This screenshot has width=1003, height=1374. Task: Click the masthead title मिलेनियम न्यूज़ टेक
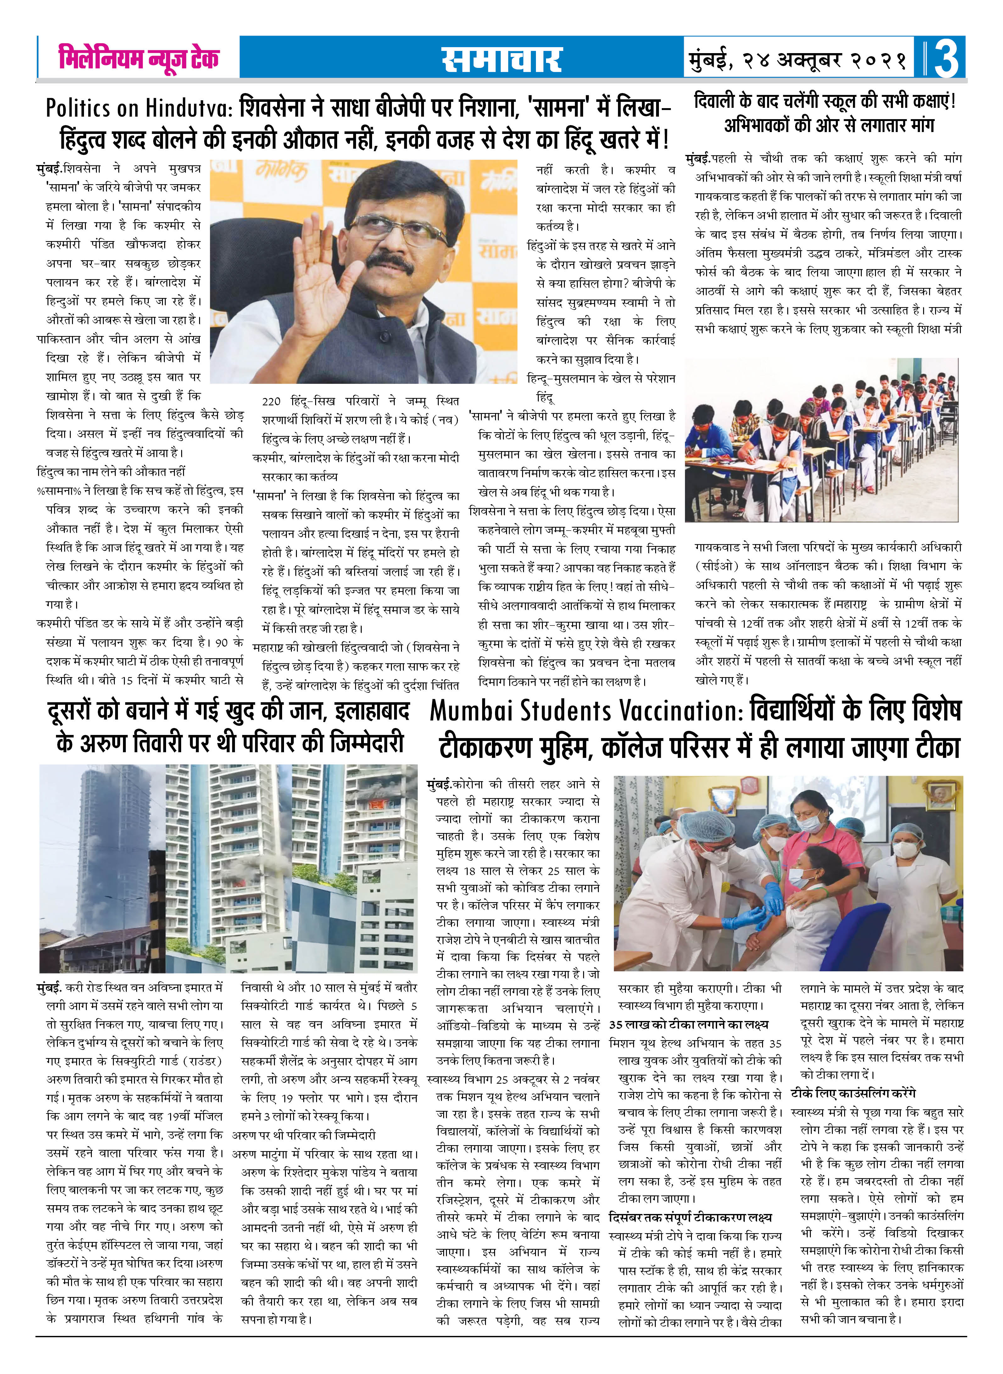click(x=138, y=58)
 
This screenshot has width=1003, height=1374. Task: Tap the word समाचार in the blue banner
click(x=501, y=59)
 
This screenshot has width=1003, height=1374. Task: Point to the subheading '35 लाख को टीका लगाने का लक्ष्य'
click(x=688, y=1024)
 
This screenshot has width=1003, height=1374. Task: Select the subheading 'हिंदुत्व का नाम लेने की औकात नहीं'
click(x=111, y=472)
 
